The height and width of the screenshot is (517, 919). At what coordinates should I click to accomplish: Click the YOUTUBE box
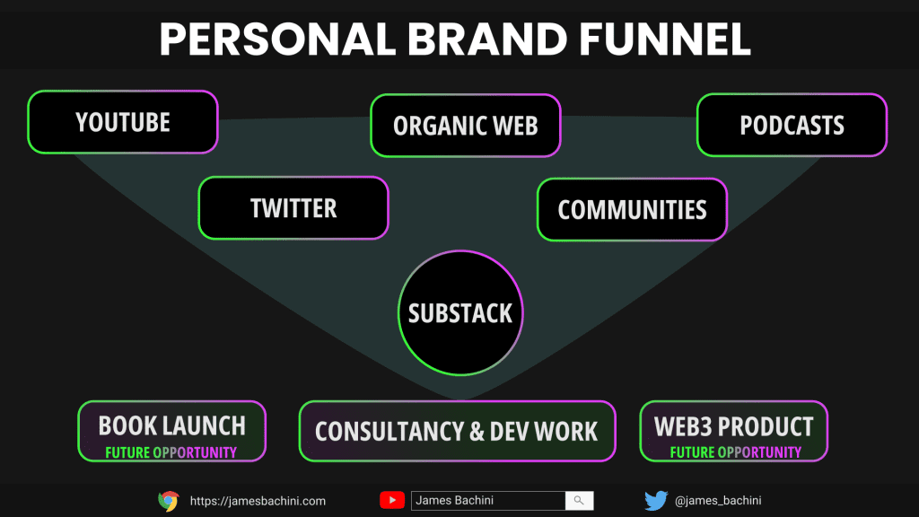pos(122,122)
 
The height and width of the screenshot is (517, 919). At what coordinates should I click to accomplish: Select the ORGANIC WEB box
pos(466,126)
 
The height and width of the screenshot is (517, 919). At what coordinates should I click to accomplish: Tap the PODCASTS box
pos(792,125)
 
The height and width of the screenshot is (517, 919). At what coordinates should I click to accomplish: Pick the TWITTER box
pos(293,208)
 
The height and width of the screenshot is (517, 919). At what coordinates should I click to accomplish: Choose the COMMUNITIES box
pos(632,210)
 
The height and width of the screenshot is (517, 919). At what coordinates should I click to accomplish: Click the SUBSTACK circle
pos(460,313)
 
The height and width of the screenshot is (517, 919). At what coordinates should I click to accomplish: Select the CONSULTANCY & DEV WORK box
pos(457,432)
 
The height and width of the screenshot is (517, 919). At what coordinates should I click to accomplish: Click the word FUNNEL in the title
pos(665,39)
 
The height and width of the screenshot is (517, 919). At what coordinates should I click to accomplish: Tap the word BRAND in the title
pos(487,39)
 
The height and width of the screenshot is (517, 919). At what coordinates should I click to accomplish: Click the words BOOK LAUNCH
pos(171,425)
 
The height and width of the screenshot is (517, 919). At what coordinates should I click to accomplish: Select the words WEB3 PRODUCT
pos(734,426)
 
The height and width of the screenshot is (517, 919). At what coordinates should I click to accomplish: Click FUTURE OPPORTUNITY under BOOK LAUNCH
pos(171,452)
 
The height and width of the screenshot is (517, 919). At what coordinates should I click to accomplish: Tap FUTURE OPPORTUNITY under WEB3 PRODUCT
pos(736,452)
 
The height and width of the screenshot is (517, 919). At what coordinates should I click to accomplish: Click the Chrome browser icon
pos(169,501)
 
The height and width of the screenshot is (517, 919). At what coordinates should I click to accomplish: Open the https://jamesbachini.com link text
pos(258,501)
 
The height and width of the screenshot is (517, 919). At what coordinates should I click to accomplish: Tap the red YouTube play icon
pos(392,501)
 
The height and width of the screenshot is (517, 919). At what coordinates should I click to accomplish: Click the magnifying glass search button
pos(579,501)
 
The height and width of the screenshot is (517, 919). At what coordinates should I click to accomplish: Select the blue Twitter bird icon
pos(656,501)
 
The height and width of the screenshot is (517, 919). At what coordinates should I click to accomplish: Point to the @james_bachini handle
pos(718,501)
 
